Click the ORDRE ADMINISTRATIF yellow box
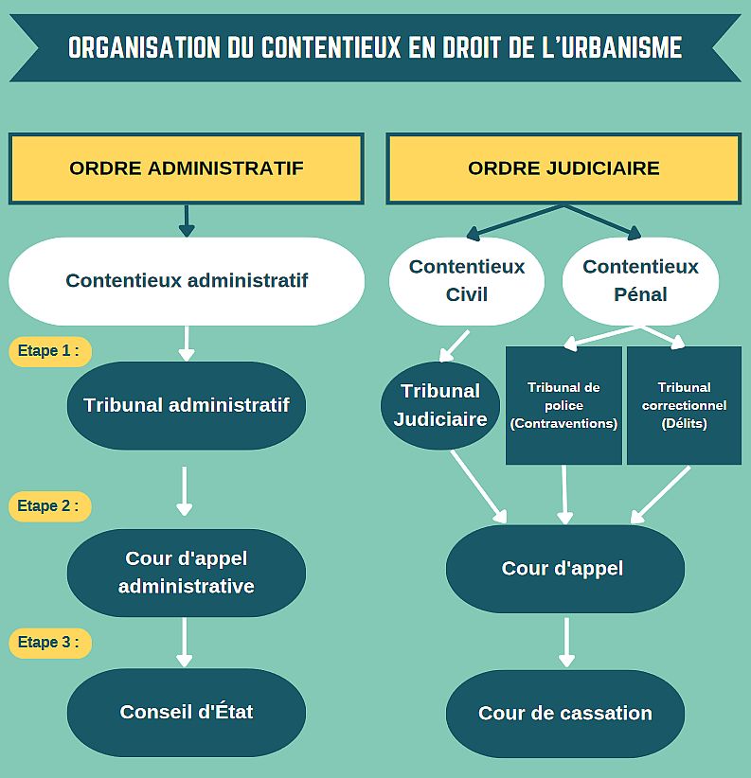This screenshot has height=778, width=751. click(187, 168)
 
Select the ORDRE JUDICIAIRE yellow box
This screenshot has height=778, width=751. click(563, 168)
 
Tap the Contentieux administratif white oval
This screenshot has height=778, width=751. click(187, 281)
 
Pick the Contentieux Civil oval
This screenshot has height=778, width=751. click(467, 281)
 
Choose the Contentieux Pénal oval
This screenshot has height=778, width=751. click(640, 281)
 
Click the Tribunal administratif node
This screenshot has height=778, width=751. click(187, 405)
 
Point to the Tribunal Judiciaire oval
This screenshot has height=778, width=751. click(440, 405)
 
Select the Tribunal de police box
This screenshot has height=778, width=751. click(563, 405)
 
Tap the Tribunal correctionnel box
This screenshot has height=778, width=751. click(684, 405)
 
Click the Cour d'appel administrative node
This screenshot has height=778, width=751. click(187, 573)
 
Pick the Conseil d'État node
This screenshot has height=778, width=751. click(187, 713)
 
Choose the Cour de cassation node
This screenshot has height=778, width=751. click(564, 714)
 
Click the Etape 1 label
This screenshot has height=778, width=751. click(50, 351)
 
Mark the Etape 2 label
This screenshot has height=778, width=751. click(49, 506)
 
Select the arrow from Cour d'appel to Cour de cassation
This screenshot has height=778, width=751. click(566, 642)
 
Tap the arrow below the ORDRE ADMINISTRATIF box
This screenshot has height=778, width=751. click(187, 221)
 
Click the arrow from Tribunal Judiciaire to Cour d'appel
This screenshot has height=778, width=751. click(478, 486)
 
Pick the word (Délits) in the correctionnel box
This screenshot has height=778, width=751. click(684, 424)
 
